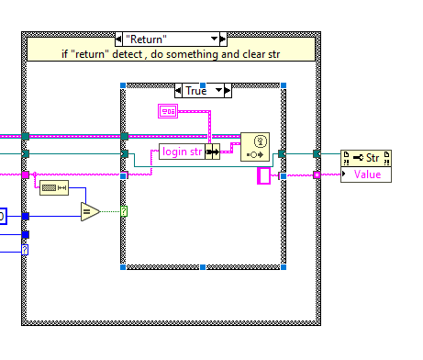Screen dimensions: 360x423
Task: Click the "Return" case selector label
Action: (172, 39)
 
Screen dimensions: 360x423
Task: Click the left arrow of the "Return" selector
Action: (121, 39)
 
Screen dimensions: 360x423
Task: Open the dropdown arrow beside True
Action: (219, 90)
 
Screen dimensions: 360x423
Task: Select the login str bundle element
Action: (183, 152)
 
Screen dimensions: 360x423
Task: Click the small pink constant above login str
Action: (168, 112)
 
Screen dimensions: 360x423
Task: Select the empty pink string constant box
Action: (264, 175)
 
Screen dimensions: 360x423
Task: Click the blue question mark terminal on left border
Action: (26, 249)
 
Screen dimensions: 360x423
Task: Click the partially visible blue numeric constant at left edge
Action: (3, 216)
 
